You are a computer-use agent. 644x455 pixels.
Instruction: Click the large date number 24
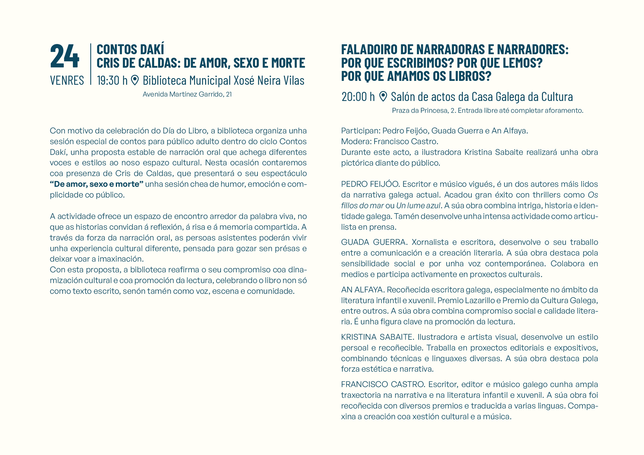click(x=65, y=56)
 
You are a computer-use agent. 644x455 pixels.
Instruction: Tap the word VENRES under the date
click(x=67, y=81)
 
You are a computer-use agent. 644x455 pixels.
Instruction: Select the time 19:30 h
click(x=112, y=81)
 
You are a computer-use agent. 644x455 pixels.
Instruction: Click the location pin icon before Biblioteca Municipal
click(x=135, y=80)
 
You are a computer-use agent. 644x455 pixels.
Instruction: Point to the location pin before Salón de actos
click(x=383, y=96)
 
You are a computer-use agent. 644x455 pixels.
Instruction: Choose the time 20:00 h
click(x=358, y=97)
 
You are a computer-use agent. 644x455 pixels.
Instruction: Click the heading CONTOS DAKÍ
click(x=131, y=50)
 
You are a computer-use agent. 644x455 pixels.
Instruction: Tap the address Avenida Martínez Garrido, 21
click(x=187, y=94)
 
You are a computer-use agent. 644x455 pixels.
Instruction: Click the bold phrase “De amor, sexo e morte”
click(x=97, y=184)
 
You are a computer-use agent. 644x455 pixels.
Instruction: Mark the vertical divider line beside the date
click(x=91, y=64)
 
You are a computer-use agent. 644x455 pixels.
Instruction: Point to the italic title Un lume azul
click(x=418, y=206)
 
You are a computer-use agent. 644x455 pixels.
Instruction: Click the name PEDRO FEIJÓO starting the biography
click(x=370, y=184)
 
